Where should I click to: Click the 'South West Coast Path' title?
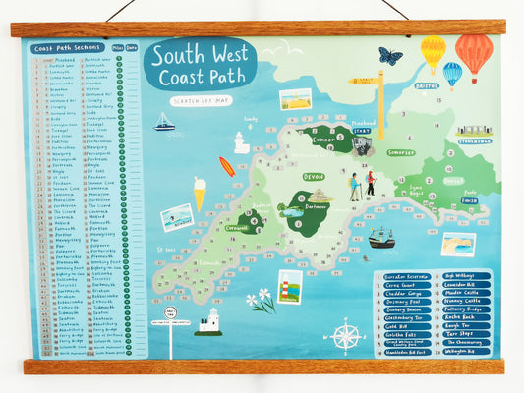[x=200, y=65]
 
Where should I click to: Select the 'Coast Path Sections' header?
[x=67, y=47]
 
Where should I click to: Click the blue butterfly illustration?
[x=389, y=56]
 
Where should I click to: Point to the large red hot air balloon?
[x=474, y=55]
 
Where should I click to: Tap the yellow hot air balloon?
[x=433, y=52]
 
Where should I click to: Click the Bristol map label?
[x=427, y=86]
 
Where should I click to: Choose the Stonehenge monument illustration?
[x=474, y=131]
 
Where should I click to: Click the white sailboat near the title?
[x=164, y=122]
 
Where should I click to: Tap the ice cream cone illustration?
[x=200, y=193]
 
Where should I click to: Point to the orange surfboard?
[x=227, y=166]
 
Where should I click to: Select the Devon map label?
[x=314, y=176]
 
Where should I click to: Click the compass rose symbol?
[x=344, y=336]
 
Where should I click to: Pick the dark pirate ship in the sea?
[x=380, y=238]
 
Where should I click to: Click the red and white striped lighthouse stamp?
[x=289, y=286]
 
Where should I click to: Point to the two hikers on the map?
[x=362, y=185]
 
